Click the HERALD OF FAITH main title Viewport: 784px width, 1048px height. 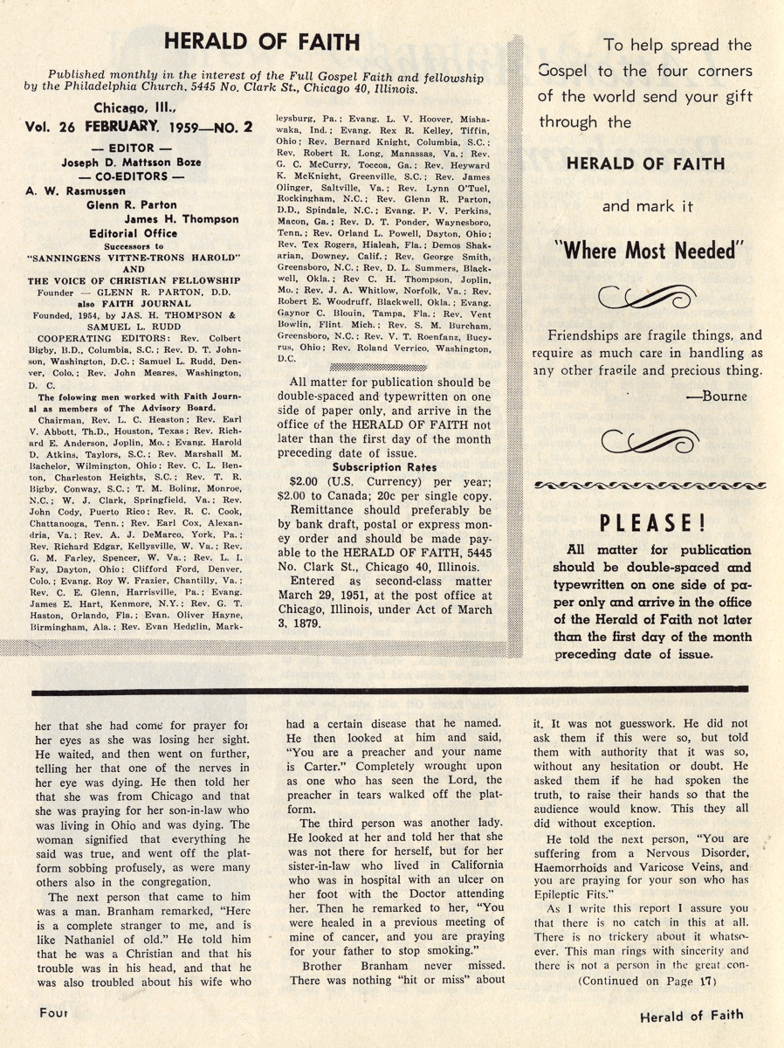tap(262, 43)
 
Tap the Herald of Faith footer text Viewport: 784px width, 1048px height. tap(691, 1015)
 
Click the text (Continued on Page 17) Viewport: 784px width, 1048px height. tap(646, 981)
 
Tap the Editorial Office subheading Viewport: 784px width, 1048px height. tap(134, 233)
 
